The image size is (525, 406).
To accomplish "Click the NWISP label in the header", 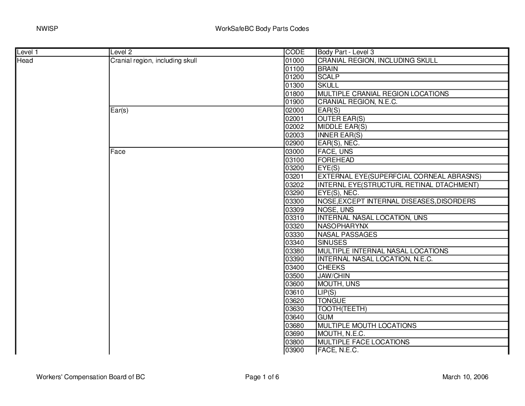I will (x=48, y=29).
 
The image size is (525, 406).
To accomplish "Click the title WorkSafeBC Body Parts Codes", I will (x=262, y=29).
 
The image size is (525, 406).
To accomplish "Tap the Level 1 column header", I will (x=27, y=52).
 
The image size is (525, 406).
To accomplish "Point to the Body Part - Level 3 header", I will (x=346, y=52).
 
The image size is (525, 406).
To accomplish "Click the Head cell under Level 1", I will (x=25, y=61).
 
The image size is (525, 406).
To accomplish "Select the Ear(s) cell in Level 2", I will (x=119, y=110).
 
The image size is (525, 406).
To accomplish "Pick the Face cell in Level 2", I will (x=118, y=152).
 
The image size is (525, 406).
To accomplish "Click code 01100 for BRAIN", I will (x=294, y=69).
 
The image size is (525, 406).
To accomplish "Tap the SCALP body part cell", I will (x=329, y=77).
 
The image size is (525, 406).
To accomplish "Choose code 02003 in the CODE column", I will (x=294, y=135).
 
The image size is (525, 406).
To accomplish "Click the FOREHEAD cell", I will (x=336, y=160).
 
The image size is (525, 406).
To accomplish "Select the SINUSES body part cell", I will (x=332, y=243).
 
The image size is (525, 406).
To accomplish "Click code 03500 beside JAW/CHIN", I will (x=294, y=276).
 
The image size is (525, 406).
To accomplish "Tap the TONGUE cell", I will (x=332, y=301).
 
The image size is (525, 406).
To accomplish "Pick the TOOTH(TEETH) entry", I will (x=342, y=309).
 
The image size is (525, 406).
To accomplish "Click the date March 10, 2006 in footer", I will (x=465, y=377).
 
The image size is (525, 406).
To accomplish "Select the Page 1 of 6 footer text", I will (x=262, y=377).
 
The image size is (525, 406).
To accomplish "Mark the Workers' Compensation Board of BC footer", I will (x=91, y=377).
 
